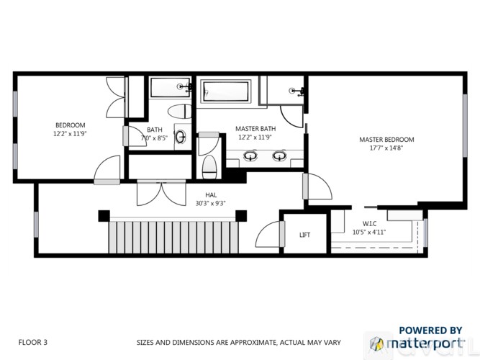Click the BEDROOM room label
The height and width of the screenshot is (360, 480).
(x=70, y=125)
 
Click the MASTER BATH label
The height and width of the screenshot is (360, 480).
(x=252, y=129)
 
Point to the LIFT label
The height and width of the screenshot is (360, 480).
(x=304, y=235)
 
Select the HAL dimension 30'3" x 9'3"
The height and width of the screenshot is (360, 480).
(x=209, y=203)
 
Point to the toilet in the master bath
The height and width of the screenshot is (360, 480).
(x=209, y=166)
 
